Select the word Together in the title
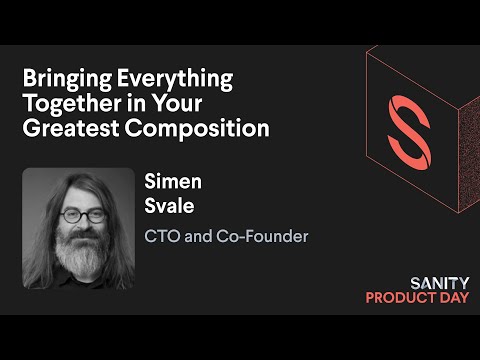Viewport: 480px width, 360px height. coord(63,103)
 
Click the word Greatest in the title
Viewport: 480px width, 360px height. coord(63,129)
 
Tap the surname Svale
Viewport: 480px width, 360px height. coord(169,208)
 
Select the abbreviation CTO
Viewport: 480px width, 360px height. coord(165,237)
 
